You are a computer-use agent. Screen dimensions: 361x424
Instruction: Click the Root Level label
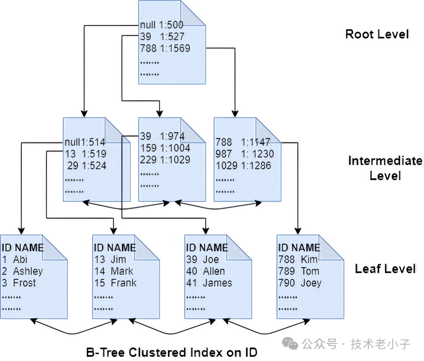377,34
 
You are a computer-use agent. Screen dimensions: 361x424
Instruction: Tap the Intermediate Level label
385,168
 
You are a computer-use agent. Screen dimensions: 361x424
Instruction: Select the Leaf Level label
385,269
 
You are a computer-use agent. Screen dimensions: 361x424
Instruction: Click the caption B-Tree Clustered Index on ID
172,352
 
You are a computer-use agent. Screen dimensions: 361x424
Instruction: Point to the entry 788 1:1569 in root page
165,48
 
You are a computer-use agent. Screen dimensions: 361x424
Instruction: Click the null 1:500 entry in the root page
162,25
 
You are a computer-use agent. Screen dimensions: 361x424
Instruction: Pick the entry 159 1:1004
165,148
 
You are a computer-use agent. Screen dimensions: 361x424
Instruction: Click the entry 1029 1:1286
243,166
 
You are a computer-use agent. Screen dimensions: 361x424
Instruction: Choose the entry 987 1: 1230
245,154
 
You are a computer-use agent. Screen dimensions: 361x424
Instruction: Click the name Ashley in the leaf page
28,271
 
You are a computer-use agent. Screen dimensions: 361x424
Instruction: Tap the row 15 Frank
115,283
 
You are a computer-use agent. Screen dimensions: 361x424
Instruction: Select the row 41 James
209,283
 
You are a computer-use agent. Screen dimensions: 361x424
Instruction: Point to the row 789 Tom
299,271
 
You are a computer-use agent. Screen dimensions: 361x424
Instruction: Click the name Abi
20,259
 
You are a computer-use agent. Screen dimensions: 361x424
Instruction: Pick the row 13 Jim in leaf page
110,259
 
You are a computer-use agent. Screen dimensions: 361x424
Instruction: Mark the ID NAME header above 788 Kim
299,248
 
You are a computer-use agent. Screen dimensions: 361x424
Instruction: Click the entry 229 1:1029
165,160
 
